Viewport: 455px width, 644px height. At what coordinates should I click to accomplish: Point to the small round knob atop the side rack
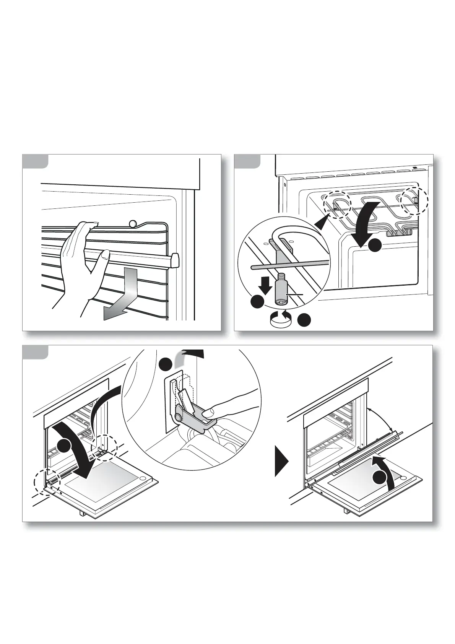point(133,223)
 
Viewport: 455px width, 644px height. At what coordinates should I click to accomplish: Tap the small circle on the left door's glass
point(142,479)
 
